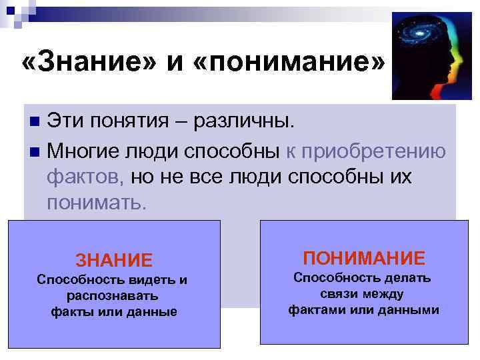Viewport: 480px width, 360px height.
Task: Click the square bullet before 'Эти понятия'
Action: tap(35, 123)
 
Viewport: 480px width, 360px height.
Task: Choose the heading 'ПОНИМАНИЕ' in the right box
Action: tap(363, 257)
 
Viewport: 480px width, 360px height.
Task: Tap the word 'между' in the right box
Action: tap(385, 294)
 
